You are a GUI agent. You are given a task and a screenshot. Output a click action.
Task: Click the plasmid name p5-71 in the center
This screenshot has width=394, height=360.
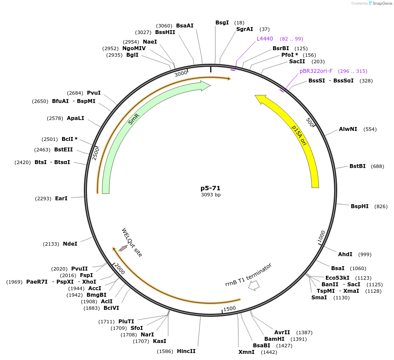[211, 188]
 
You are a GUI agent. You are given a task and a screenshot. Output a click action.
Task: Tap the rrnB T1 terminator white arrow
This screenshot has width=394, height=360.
[254, 285]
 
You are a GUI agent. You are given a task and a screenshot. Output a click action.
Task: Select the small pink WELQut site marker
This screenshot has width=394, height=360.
[123, 248]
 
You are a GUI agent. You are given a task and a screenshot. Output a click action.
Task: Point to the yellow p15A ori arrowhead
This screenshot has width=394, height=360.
[260, 100]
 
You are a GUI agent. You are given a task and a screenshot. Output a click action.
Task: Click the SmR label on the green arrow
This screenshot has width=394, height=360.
[134, 119]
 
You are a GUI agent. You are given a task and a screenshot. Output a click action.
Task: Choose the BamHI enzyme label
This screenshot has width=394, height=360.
[274, 339]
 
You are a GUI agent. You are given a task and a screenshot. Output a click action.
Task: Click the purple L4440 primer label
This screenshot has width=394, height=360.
[265, 39]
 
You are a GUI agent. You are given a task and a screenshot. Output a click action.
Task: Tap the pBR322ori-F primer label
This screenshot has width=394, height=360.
[316, 71]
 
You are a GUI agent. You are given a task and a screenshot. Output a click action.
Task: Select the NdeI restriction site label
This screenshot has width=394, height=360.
[70, 244]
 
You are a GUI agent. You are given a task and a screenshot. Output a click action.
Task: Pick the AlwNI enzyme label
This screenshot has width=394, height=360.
[348, 129]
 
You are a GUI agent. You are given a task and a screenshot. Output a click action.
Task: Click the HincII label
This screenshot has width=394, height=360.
[186, 351]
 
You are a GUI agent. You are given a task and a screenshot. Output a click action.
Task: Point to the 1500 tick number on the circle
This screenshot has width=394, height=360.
[230, 309]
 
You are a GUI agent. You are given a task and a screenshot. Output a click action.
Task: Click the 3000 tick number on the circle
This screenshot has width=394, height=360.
[180, 74]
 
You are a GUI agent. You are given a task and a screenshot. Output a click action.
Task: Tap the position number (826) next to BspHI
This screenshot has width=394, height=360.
[381, 206]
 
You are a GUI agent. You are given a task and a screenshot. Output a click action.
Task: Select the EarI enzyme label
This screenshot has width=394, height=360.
[61, 199]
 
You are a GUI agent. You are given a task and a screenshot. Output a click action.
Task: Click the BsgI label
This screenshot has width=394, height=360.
[222, 23]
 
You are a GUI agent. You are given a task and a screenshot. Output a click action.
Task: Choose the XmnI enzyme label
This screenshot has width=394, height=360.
[246, 352]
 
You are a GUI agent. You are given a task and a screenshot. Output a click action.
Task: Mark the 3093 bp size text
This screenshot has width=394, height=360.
[211, 195]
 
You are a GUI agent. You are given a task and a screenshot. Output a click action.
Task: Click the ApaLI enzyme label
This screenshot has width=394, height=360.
[76, 118]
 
